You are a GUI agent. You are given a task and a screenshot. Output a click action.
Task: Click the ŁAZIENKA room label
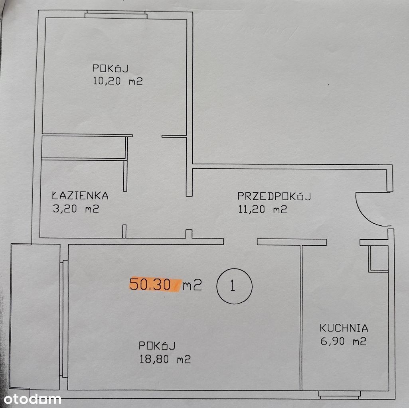click(80, 195)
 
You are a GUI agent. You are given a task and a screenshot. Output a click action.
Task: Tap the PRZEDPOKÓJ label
click(274, 196)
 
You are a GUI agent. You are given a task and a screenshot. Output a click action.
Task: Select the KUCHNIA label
click(344, 328)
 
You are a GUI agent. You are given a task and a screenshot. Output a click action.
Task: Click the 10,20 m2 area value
click(118, 81)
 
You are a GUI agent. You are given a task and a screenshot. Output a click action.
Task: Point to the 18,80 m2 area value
click(165, 359)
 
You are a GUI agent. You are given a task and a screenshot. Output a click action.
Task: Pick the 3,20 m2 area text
click(76, 209)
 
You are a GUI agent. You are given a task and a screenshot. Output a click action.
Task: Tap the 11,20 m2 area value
click(263, 209)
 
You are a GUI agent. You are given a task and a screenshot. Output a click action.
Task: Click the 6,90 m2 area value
click(344, 341)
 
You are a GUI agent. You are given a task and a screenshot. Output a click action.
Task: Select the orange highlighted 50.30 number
click(150, 284)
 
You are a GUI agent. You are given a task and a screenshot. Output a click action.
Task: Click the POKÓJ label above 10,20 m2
click(111, 68)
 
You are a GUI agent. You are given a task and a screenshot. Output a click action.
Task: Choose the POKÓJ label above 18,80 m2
click(157, 346)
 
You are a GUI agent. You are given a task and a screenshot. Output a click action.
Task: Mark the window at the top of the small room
click(116, 15)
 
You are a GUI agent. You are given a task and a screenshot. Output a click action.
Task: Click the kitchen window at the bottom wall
click(339, 395)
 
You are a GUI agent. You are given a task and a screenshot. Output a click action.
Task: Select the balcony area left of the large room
click(35, 317)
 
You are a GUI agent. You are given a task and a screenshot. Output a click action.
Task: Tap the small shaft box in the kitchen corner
click(378, 258)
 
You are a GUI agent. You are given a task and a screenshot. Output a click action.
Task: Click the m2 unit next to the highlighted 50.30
click(192, 284)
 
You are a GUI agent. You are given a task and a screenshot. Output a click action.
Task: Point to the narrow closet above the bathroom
click(84, 147)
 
